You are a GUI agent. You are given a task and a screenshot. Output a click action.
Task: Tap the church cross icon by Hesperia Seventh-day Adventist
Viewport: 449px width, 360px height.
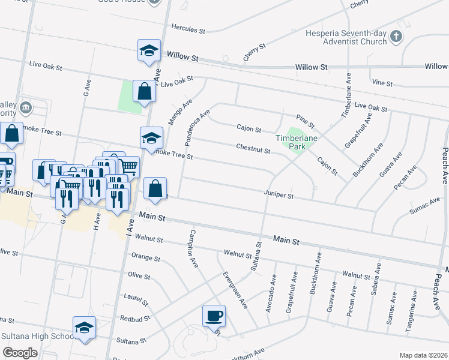(x=396, y=37)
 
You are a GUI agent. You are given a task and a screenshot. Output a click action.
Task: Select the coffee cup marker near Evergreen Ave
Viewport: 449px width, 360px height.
(x=214, y=315)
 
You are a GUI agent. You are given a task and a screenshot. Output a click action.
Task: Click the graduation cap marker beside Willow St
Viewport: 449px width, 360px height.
(x=148, y=51)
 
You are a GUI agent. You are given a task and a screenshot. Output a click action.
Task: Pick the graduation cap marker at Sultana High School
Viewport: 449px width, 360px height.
(x=84, y=328)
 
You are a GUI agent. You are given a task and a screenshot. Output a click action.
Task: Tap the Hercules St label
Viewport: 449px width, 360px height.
(x=188, y=28)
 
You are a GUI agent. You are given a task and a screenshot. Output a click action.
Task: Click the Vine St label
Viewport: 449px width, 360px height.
(x=381, y=81)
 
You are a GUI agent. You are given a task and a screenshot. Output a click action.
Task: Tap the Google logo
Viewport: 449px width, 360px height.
(x=20, y=353)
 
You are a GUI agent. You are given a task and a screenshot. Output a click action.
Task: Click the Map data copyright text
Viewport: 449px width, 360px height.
(x=423, y=355)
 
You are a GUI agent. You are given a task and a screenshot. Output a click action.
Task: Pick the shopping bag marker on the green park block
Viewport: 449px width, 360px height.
(x=144, y=92)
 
